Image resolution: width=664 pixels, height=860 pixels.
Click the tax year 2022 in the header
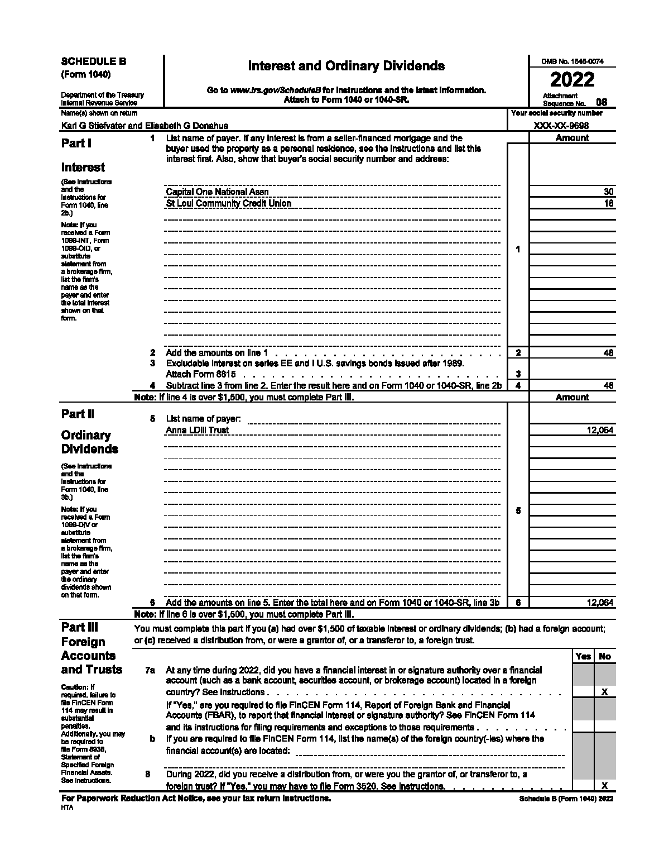(572, 79)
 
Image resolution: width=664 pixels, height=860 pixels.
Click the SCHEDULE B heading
(94, 61)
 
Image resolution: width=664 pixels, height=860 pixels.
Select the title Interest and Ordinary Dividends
(346, 66)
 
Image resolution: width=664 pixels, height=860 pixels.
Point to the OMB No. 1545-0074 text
(572, 62)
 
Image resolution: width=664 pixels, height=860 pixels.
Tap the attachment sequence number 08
(602, 102)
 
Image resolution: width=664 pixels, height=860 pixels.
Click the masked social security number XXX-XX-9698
(561, 126)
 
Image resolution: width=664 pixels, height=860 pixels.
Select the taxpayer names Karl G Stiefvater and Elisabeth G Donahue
(145, 126)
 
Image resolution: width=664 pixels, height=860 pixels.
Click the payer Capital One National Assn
(217, 192)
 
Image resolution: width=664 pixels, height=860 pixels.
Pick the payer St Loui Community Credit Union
(229, 203)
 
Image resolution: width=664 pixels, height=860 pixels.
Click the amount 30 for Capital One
(609, 192)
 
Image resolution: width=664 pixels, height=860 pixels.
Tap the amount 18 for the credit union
(609, 203)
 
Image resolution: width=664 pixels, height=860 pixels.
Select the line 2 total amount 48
(609, 353)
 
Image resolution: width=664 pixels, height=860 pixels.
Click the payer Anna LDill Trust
(198, 431)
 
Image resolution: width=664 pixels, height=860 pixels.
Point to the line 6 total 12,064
(600, 603)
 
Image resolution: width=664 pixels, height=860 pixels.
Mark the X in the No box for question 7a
(604, 692)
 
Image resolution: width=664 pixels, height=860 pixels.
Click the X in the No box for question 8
(604, 786)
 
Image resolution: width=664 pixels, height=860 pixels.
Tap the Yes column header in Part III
(583, 657)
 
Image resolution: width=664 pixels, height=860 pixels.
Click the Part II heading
(78, 414)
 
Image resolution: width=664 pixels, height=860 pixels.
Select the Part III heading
(80, 627)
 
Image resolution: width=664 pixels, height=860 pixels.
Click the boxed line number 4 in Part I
(518, 385)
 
